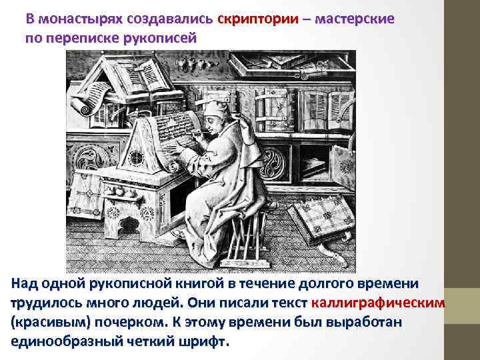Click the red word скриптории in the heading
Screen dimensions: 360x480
coord(258,19)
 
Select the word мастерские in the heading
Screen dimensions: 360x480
coord(354,19)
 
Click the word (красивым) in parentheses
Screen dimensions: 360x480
coord(47,323)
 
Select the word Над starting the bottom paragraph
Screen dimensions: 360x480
coord(24,284)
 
